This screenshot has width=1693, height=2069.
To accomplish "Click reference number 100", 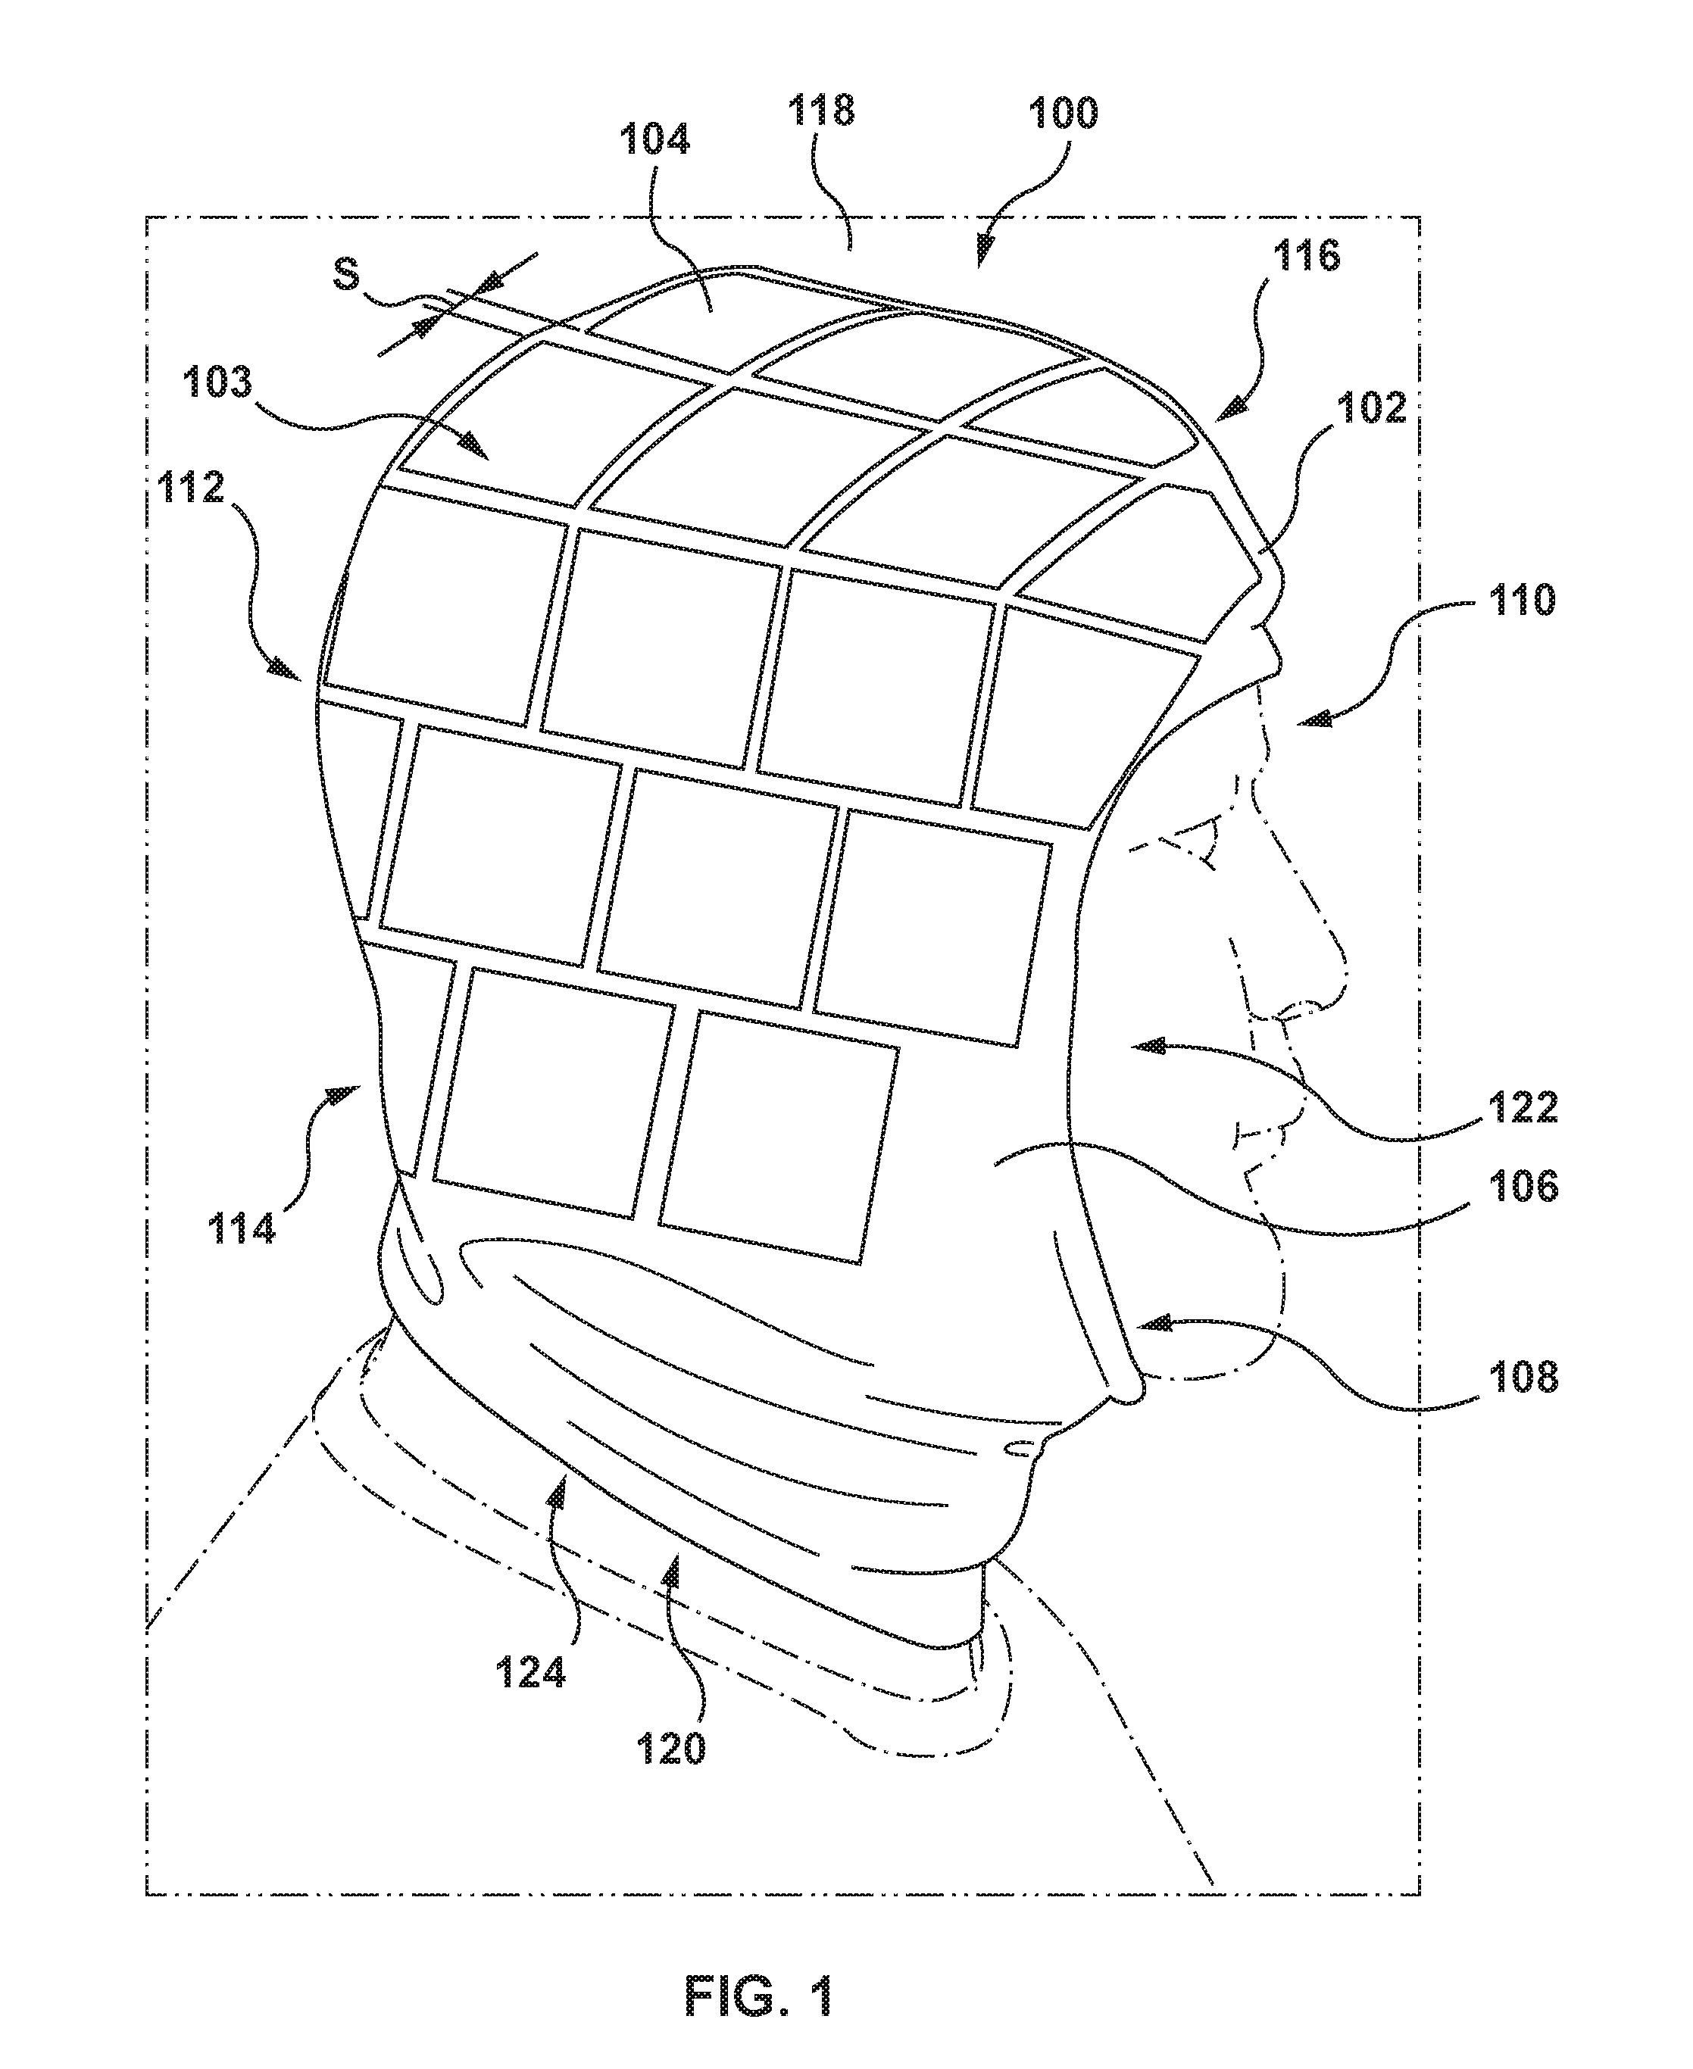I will [x=1062, y=114].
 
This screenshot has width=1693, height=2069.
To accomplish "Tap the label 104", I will [x=655, y=139].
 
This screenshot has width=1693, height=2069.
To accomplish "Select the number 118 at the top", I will [x=821, y=109].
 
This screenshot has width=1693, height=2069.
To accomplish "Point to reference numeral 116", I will [x=1306, y=257].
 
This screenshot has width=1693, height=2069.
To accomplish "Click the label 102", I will [x=1370, y=407].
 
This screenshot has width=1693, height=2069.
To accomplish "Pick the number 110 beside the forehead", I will [x=1521, y=601].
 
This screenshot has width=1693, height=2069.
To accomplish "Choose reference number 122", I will [x=1523, y=1106].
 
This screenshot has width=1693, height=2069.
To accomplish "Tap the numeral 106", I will [x=1524, y=1187].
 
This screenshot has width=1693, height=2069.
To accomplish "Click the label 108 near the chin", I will [x=1523, y=1378].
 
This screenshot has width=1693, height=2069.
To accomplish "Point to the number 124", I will [x=530, y=1673].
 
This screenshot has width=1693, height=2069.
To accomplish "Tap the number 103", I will [x=217, y=383].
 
